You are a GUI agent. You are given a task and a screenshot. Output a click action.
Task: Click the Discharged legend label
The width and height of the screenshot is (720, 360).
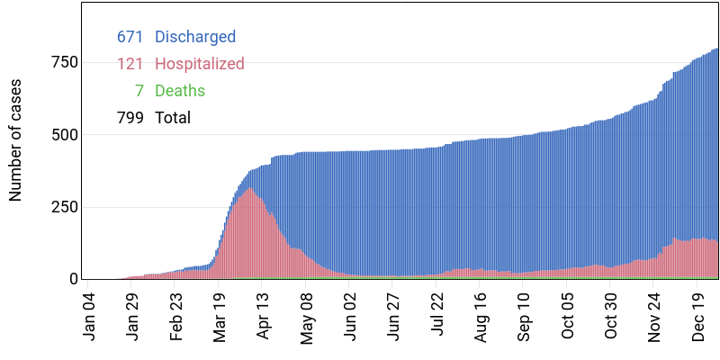(195, 37)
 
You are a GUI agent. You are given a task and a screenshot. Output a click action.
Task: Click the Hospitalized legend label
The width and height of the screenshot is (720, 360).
(200, 64)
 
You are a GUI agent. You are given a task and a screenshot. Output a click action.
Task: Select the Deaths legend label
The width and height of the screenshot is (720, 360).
(180, 91)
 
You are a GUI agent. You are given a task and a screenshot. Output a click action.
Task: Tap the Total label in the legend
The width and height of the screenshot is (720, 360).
(173, 118)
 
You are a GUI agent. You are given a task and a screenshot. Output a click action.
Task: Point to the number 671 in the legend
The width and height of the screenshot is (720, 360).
(130, 37)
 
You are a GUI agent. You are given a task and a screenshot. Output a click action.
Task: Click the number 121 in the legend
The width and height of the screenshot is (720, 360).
(130, 64)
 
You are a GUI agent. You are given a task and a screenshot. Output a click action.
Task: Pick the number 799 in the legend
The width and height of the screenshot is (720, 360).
(130, 118)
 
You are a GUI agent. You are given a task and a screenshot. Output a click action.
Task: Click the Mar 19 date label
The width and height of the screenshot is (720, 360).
(220, 316)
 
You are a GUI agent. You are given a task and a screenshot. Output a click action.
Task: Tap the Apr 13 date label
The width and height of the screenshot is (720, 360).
(265, 316)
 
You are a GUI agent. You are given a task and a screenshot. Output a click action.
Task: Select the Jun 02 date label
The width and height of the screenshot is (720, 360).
(352, 316)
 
